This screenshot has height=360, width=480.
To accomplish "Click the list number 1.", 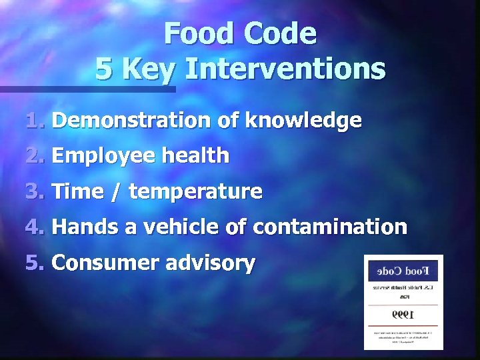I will [35, 121].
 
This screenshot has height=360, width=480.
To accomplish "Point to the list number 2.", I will [35, 156].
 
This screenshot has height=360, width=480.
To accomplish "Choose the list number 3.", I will [35, 192].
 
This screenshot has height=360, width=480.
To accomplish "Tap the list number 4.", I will [35, 227].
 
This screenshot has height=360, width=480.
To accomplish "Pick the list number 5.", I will [35, 263].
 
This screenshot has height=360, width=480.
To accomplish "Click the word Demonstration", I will [131, 121].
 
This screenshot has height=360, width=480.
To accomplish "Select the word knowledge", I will [304, 121].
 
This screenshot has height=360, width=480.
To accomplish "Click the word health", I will [196, 156].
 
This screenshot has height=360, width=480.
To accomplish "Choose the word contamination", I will [329, 227].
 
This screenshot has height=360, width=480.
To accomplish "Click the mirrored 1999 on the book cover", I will [403, 313].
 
